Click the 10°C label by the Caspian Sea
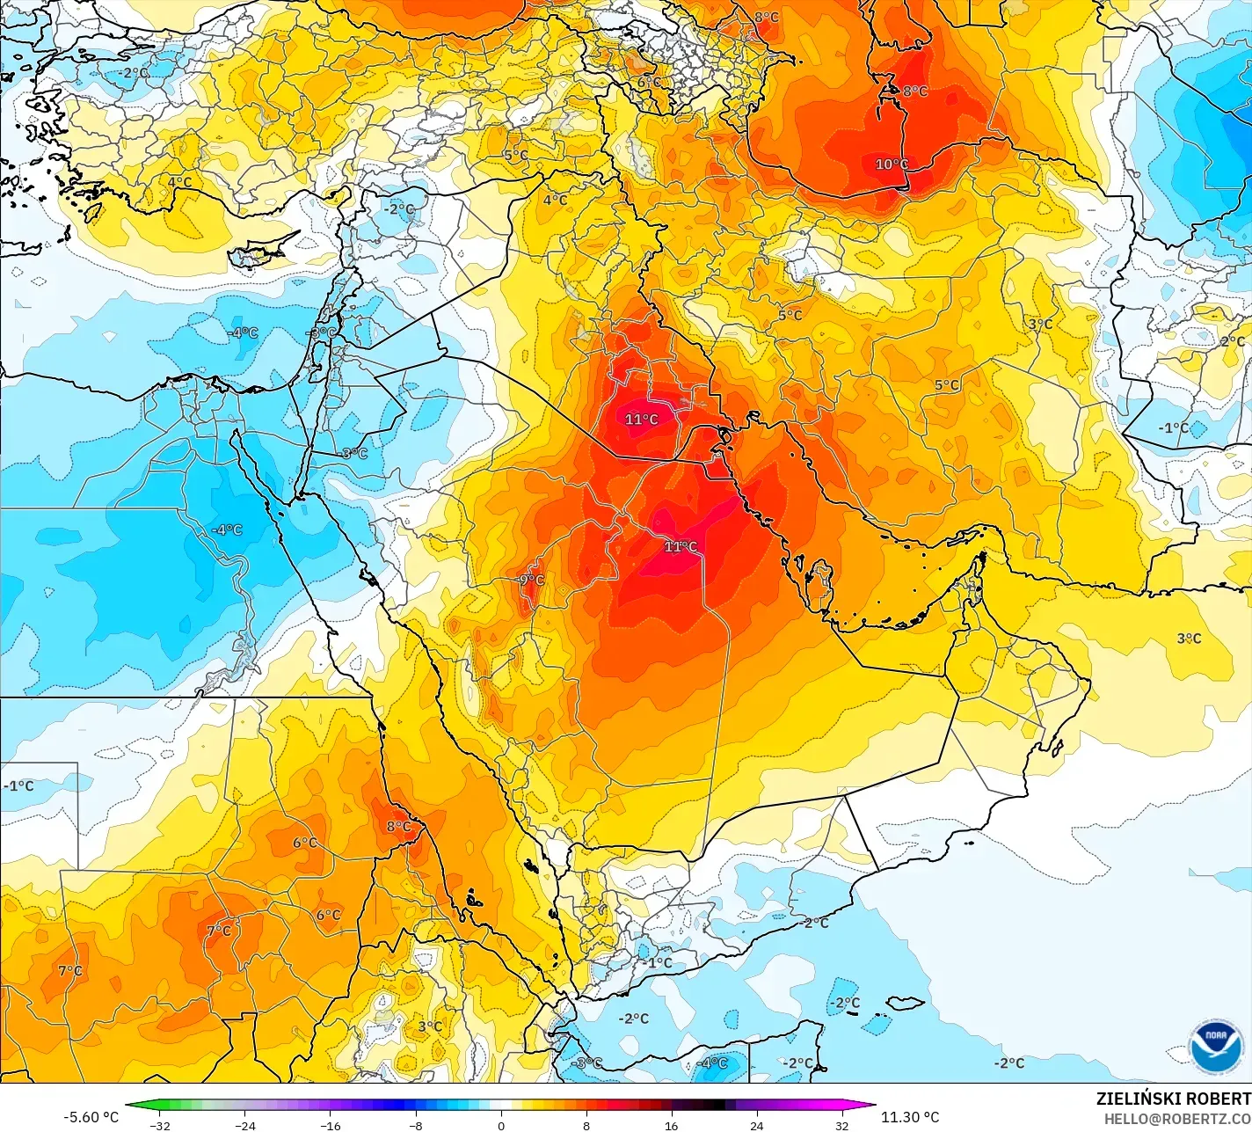click(891, 164)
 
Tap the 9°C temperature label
click(531, 581)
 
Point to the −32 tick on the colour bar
click(159, 1125)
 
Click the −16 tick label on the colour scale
click(330, 1125)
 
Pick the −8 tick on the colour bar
click(415, 1125)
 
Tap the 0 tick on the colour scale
click(501, 1125)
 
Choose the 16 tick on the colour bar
click(672, 1125)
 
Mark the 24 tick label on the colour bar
click(757, 1125)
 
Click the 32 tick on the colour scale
click(842, 1125)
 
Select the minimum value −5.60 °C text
click(91, 1117)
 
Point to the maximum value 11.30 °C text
click(910, 1117)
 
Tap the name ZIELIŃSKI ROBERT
click(1173, 1099)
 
